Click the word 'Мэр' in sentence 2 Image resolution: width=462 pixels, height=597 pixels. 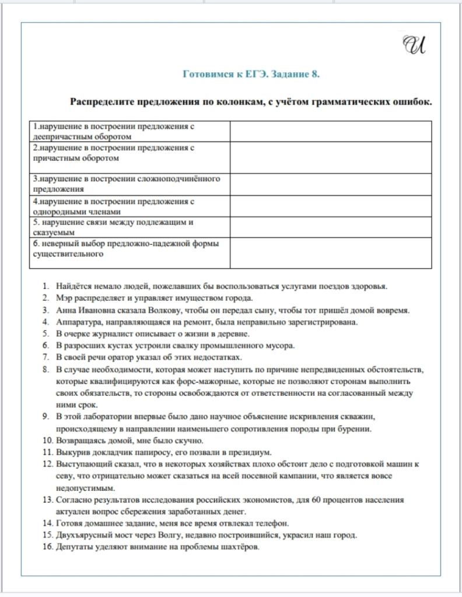click(65, 298)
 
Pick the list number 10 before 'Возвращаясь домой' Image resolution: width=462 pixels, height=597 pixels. click(47, 441)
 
